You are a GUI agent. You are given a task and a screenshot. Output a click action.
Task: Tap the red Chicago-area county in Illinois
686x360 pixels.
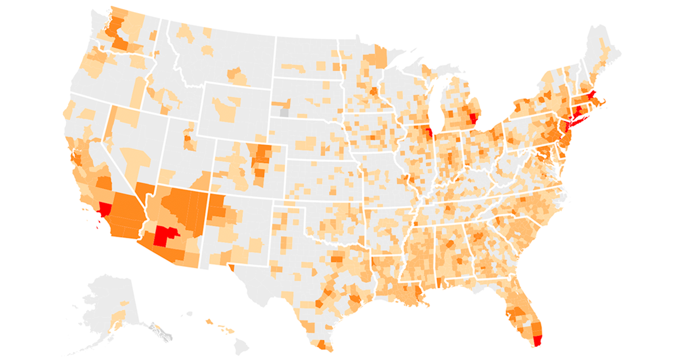429,135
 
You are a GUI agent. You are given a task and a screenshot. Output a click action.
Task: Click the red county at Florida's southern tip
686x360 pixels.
536,341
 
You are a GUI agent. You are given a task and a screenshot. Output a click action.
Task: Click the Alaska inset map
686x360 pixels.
109,303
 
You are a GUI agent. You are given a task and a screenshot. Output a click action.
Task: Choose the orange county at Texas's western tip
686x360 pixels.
231,266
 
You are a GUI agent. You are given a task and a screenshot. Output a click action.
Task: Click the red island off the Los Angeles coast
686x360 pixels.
98,227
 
